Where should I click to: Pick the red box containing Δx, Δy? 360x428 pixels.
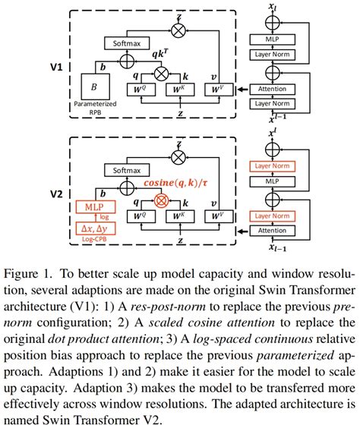pyautogui.click(x=94, y=227)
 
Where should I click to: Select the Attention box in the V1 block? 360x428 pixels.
pyautogui.click(x=281, y=89)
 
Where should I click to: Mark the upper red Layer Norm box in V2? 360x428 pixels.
pyautogui.click(x=281, y=165)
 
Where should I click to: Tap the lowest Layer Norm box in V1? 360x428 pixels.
pyautogui.click(x=281, y=102)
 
